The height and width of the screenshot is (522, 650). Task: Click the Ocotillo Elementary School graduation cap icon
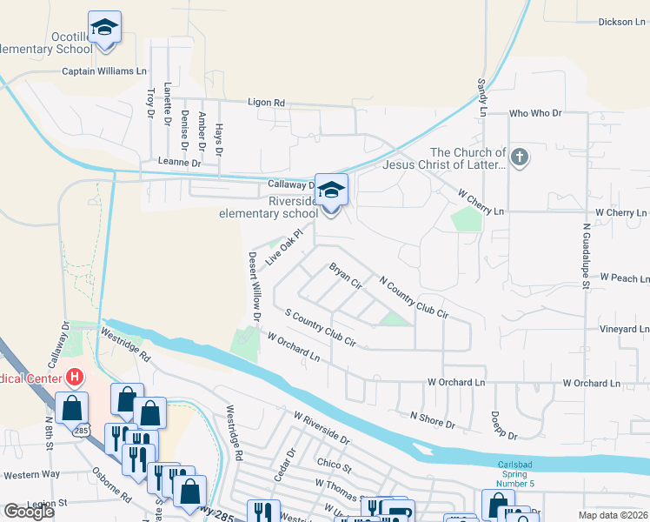105,27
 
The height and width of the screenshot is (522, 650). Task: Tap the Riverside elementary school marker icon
331,191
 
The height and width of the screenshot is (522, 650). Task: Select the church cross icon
520,157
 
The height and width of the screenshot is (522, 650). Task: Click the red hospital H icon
76,378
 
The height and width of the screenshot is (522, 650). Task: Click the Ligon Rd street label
266,103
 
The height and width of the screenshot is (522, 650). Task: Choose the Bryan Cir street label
345,275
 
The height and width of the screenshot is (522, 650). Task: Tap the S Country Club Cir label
321,328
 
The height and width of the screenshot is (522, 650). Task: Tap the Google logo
29,512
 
